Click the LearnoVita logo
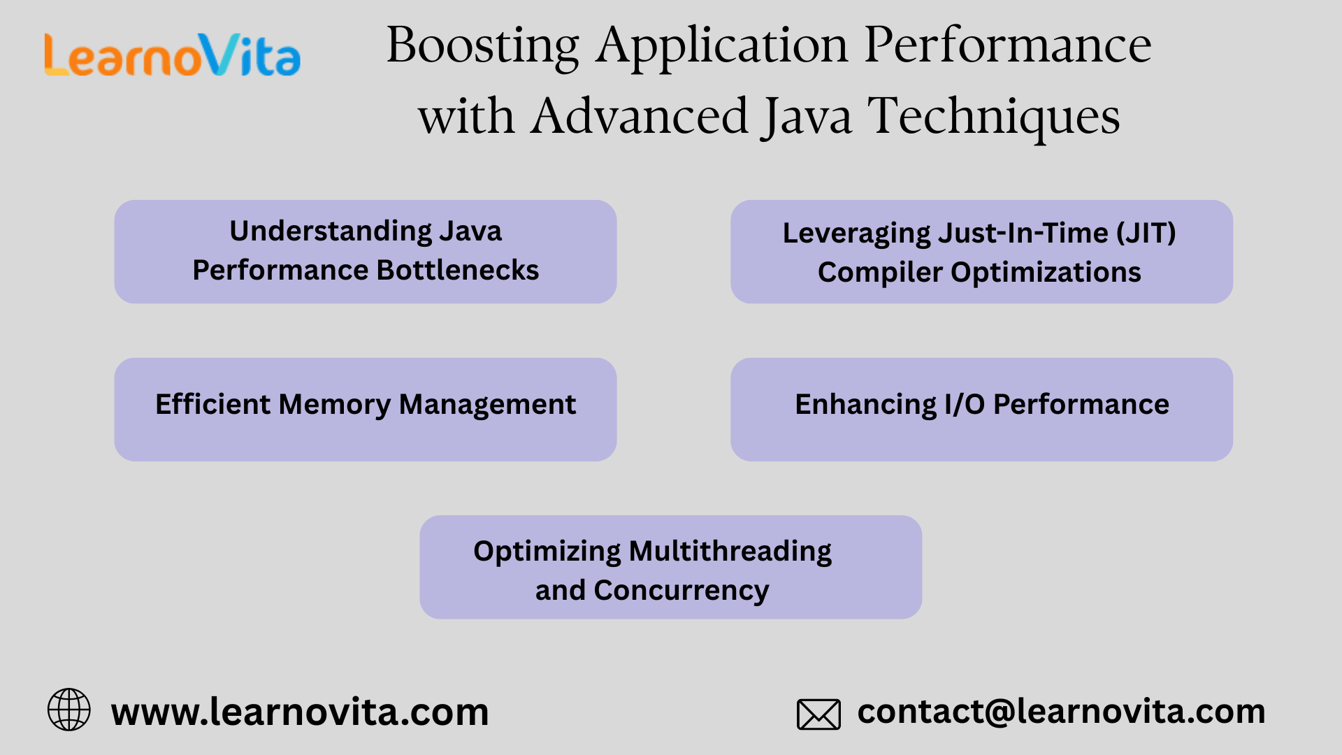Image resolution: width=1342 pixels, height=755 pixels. click(x=173, y=56)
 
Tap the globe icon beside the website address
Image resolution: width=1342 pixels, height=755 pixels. click(x=68, y=710)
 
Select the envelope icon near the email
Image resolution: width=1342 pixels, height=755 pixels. click(x=818, y=714)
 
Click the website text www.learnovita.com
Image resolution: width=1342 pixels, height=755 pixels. click(x=300, y=712)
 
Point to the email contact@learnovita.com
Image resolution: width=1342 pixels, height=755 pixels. click(x=1061, y=712)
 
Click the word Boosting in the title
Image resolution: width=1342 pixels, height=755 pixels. click(x=482, y=46)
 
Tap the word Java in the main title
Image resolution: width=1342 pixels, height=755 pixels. click(x=807, y=117)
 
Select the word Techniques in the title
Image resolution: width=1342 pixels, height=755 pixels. click(x=994, y=117)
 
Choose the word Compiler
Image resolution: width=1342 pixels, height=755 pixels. click(x=880, y=273)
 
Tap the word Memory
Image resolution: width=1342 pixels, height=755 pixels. click(x=334, y=405)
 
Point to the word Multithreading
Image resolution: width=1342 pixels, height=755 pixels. click(x=730, y=552)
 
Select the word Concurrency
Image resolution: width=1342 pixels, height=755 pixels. click(x=681, y=591)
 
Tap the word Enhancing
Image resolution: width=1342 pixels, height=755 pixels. click(x=865, y=405)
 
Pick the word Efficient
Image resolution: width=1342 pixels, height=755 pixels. click(x=212, y=405)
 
